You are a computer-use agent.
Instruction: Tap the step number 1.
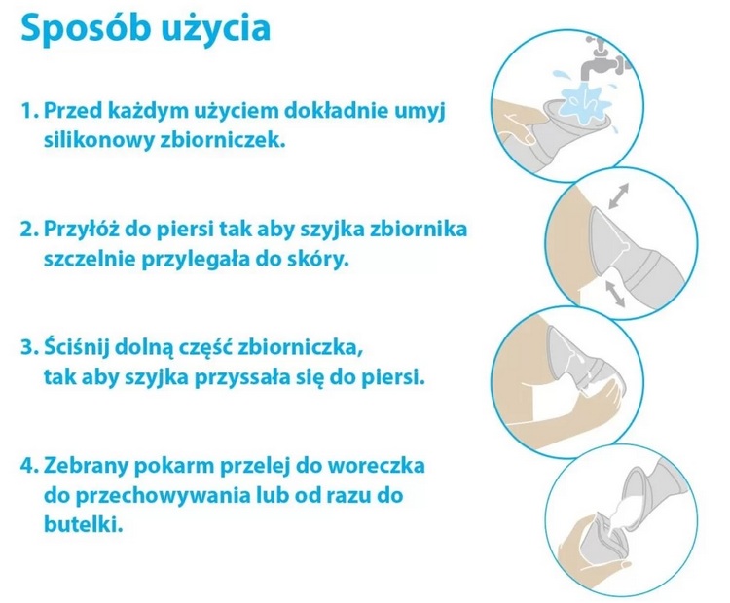click(x=29, y=111)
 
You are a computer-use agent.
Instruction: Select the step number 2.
click(x=29, y=230)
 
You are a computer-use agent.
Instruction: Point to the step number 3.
click(x=29, y=347)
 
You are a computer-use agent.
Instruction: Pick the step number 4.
click(x=29, y=466)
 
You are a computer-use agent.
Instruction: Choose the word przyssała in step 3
click(x=242, y=377)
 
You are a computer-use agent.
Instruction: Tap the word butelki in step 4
click(x=84, y=525)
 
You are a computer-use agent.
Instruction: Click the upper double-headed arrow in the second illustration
click(x=619, y=195)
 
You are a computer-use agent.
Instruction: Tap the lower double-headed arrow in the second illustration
click(x=615, y=294)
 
